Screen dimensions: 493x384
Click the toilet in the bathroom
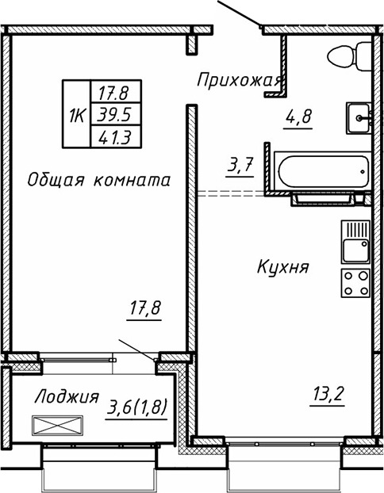346,56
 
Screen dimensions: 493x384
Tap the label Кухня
282,268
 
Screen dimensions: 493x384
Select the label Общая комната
98,180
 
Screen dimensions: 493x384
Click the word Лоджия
67,396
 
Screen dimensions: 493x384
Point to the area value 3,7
240,167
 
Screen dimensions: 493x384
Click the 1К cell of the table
77,116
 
